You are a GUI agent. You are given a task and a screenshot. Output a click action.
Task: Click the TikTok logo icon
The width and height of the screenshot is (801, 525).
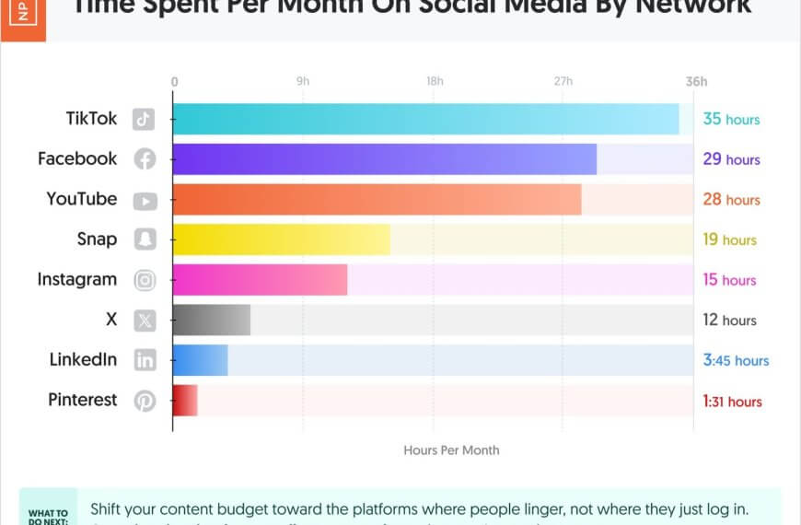(144, 119)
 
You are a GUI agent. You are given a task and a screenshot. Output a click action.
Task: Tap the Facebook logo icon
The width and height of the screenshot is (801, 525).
(145, 159)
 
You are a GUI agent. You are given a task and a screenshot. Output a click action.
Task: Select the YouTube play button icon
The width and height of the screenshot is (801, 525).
(145, 200)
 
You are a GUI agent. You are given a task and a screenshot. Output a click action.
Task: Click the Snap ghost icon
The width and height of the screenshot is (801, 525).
(145, 239)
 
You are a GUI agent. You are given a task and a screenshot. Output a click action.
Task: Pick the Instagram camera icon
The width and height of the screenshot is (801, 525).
(145, 280)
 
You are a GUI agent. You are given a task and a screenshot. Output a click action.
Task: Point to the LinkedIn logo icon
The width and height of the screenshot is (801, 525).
(145, 360)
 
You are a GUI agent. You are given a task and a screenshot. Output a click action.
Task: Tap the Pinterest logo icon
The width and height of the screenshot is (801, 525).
(145, 401)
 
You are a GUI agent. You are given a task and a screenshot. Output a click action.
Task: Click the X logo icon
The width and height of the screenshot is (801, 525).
(145, 321)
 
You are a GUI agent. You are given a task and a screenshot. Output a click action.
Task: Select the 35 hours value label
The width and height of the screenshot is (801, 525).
(731, 119)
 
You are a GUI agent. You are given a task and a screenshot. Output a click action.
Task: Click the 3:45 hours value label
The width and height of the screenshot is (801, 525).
(736, 360)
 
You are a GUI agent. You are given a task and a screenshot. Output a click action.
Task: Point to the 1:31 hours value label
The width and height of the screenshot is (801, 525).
(732, 401)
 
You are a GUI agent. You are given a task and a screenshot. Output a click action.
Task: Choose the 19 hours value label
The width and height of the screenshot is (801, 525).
(729, 239)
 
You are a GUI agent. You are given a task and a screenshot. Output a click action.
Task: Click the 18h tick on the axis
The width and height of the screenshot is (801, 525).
(435, 82)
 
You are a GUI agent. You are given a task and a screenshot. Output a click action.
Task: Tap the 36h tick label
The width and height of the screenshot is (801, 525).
(696, 82)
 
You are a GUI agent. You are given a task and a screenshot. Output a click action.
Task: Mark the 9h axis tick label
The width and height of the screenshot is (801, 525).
(303, 82)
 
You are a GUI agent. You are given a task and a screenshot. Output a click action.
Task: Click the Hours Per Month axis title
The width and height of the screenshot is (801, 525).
(451, 450)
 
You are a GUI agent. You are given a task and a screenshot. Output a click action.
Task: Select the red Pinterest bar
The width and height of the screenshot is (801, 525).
(185, 401)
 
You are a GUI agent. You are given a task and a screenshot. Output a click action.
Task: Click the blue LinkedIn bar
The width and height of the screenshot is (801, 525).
(200, 360)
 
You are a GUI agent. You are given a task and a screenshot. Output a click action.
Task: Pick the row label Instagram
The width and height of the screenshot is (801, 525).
(77, 279)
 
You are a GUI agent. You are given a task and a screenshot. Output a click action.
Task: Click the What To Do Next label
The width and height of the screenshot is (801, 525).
(48, 516)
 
